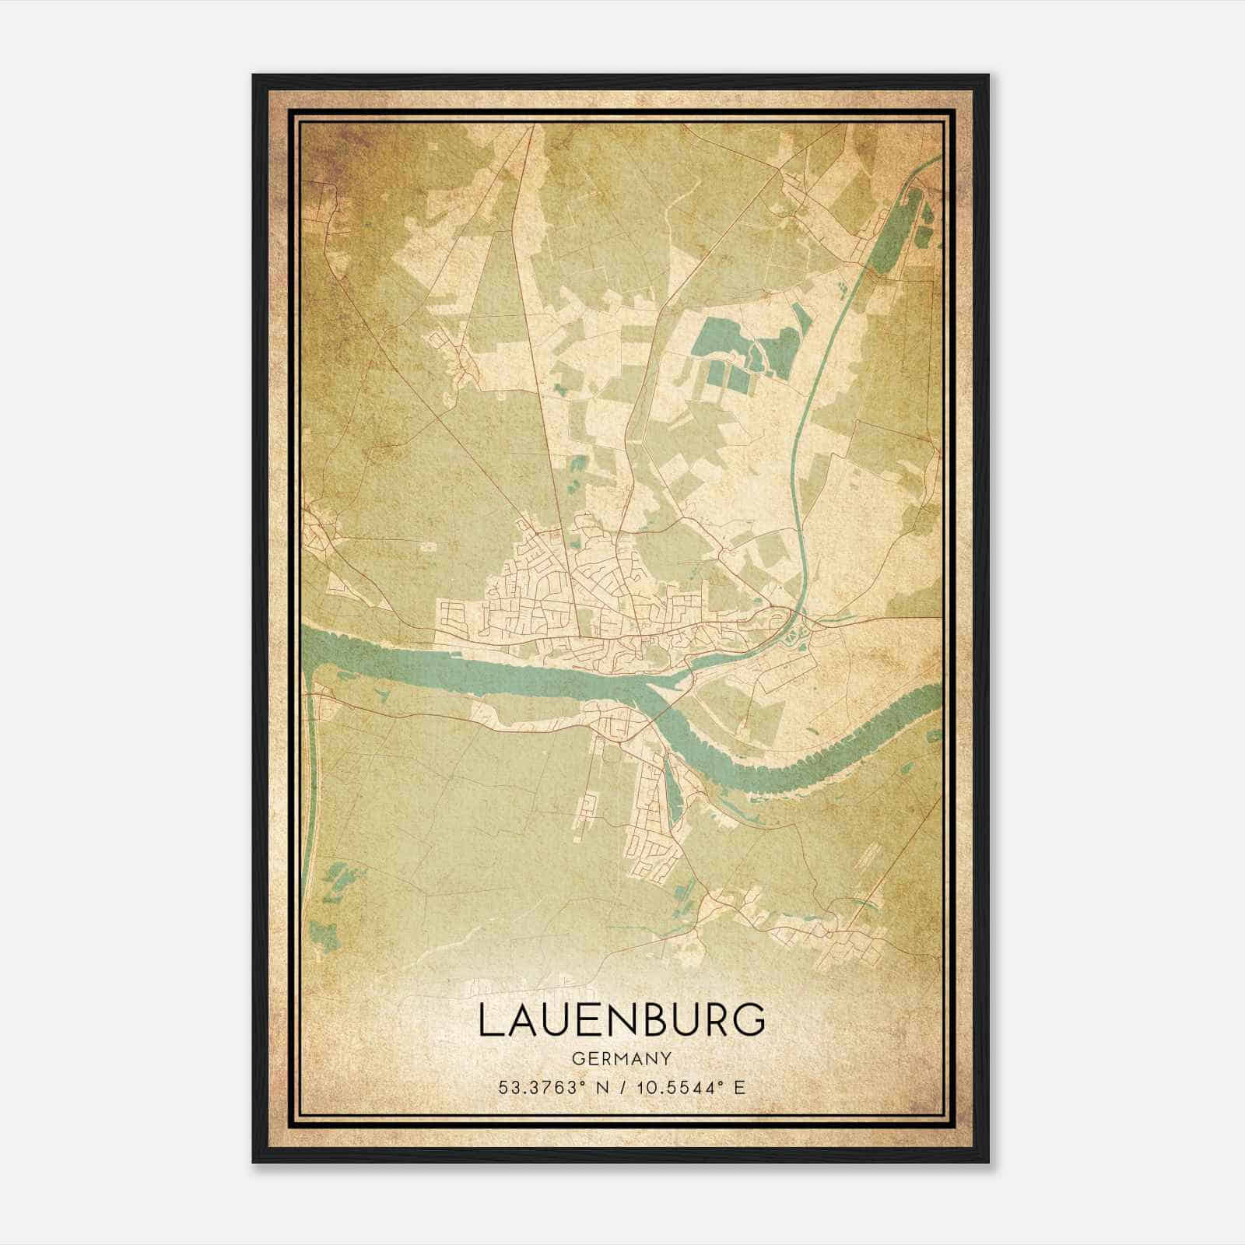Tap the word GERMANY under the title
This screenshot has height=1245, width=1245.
(622, 1059)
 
